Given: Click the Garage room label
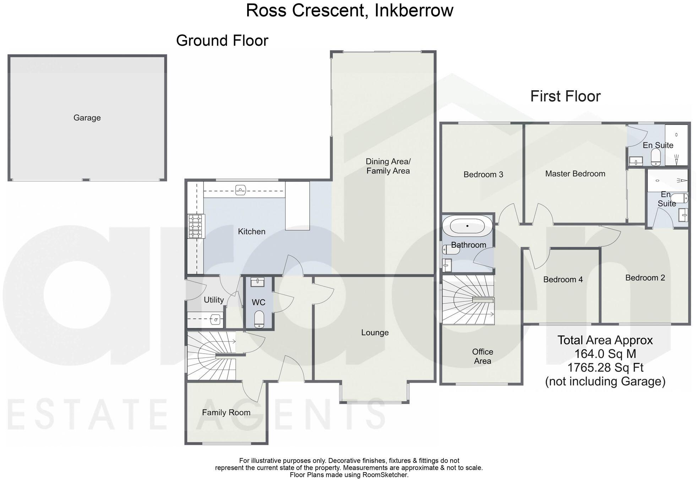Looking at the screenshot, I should (x=87, y=118).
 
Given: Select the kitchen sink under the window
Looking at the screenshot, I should (x=241, y=190).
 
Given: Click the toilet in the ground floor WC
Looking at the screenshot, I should (x=259, y=319).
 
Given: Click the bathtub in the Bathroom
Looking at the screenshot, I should (x=467, y=226).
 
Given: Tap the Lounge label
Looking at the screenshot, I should (x=375, y=333).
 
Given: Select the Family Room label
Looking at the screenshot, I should (x=226, y=413).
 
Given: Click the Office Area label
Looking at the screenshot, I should (x=482, y=356).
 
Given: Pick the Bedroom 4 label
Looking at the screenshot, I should (x=563, y=279).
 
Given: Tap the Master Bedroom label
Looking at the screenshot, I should (x=575, y=174).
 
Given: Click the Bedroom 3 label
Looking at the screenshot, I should (x=483, y=174).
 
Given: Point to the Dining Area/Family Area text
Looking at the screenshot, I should (x=388, y=166).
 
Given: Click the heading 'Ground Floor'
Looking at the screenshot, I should (x=222, y=40).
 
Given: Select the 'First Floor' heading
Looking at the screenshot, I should (x=565, y=96).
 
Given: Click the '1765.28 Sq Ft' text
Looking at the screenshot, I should (x=605, y=367).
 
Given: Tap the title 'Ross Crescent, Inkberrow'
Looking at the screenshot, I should (x=349, y=10).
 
